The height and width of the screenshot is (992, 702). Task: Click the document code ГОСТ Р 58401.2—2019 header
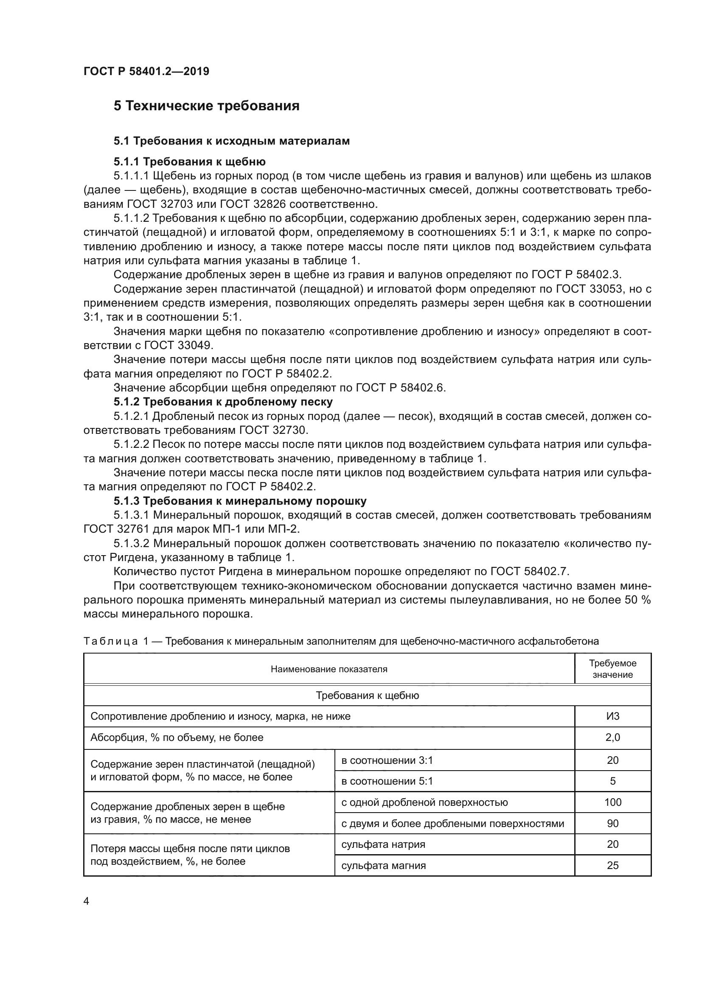click(146, 71)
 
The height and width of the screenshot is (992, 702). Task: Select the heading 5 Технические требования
click(206, 106)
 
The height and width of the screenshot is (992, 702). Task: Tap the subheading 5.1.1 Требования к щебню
click(189, 162)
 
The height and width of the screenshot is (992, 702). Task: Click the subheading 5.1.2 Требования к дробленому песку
click(223, 402)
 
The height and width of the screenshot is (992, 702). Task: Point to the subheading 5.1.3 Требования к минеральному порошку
click(240, 501)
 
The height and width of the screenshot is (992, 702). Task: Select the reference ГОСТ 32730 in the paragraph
click(272, 430)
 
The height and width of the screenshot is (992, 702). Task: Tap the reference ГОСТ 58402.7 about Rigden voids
click(529, 572)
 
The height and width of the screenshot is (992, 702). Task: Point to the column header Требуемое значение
click(612, 669)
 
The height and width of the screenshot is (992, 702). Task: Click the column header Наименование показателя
click(329, 669)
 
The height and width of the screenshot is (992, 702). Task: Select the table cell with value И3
click(612, 716)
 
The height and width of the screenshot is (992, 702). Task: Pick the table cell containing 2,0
click(612, 738)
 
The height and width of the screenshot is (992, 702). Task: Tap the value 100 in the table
click(612, 802)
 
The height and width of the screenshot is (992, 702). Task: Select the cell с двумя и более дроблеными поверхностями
click(452, 824)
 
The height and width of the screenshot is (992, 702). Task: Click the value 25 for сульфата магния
click(612, 866)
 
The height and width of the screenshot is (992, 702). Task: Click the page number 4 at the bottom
click(87, 901)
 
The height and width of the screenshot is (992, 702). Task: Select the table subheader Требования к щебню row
click(367, 696)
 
